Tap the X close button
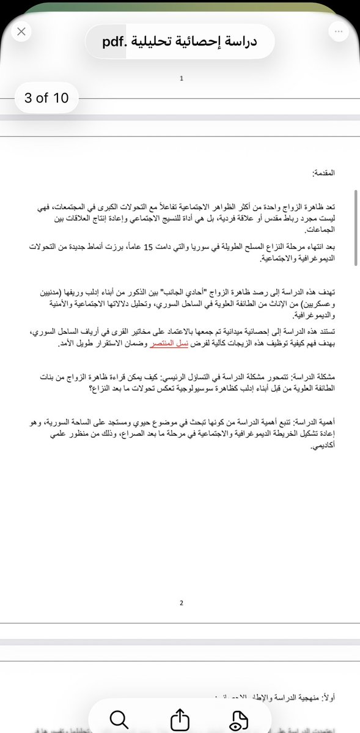pos(21,32)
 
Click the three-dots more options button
pos(338,32)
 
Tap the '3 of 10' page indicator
pos(46,97)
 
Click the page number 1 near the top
pos(182,78)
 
